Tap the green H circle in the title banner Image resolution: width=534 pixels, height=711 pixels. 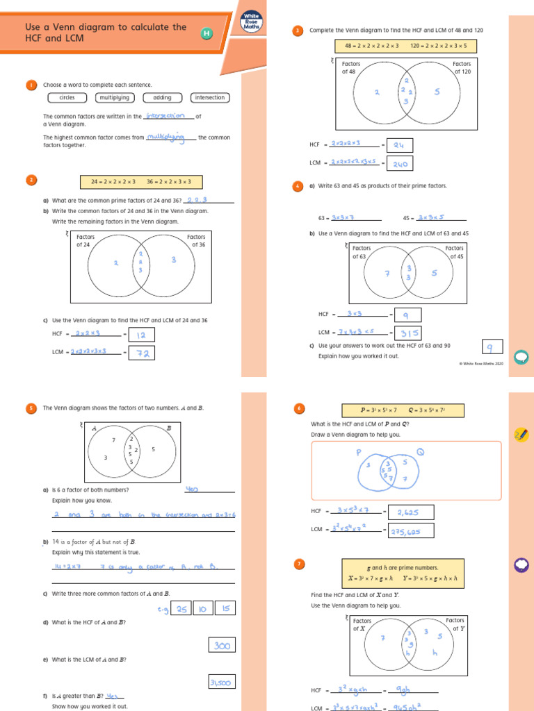207,33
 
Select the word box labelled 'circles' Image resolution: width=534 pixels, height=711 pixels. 67,98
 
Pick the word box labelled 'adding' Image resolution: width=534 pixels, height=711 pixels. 162,98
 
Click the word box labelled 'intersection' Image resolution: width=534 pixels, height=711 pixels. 210,98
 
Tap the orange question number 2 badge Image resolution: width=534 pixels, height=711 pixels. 31,181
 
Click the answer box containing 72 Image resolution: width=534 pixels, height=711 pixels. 141,353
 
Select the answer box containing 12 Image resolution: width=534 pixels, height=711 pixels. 141,335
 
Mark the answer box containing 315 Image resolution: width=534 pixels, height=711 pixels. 407,333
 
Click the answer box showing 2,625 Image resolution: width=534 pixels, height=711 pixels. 410,512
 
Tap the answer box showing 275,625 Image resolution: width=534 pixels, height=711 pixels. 410,531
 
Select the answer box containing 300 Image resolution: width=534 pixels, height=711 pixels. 222,646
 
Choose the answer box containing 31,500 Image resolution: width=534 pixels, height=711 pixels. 222,683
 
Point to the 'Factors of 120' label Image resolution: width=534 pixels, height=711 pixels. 462,67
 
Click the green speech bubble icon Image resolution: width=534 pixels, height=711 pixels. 520,357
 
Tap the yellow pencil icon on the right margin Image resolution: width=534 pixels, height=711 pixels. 520,435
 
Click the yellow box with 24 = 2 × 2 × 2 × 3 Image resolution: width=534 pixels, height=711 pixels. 115,182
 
